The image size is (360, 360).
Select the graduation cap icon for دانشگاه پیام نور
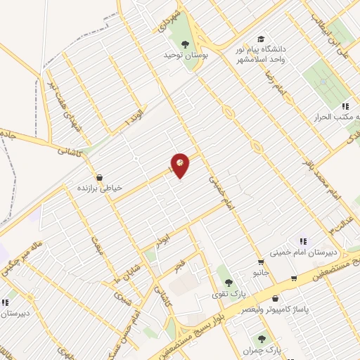click(x=261, y=39)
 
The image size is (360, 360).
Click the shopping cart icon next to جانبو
click(x=262, y=262)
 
